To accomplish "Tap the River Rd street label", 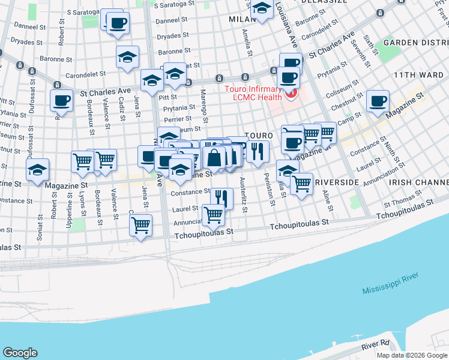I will click(x=376, y=346).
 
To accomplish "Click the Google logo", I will click(x=20, y=353).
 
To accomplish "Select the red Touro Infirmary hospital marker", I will click(x=292, y=94).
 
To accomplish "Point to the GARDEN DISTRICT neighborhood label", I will click(x=416, y=42).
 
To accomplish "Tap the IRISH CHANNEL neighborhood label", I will click(x=418, y=182).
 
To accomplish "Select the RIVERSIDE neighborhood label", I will click(x=336, y=182).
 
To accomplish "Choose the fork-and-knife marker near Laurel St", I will click(x=221, y=197).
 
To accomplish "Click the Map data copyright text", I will click(x=411, y=355).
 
